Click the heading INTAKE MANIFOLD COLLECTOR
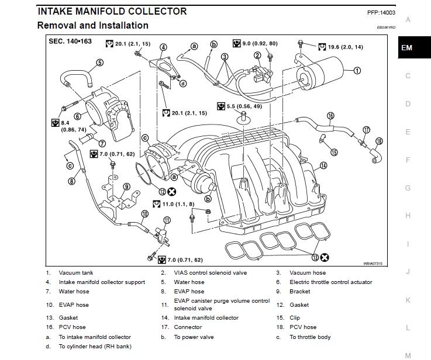(x=112, y=11)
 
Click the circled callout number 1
(x=357, y=71)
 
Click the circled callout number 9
(x=126, y=187)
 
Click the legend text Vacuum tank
(x=75, y=273)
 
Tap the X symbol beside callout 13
(x=325, y=257)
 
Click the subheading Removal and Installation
(x=92, y=25)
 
